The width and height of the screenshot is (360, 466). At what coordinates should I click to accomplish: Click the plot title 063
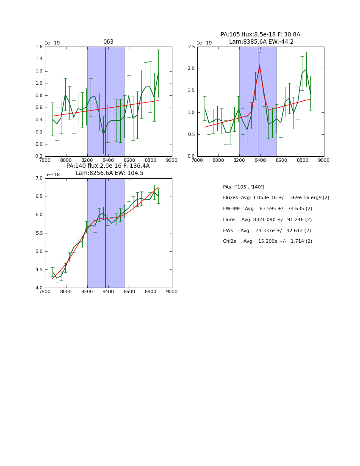point(108,42)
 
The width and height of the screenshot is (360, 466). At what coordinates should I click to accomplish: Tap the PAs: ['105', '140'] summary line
point(243,187)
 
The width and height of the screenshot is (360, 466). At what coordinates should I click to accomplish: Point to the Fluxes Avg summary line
point(276,198)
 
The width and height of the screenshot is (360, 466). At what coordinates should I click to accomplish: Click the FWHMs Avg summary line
point(267,209)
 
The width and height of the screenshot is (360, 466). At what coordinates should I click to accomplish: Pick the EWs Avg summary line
point(267,230)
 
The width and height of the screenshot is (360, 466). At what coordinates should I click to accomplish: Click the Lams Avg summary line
point(267,220)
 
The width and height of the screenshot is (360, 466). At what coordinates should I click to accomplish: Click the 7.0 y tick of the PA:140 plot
point(39,178)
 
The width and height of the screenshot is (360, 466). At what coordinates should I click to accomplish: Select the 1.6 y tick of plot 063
point(39,47)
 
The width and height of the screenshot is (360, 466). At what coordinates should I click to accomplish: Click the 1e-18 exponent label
point(53,175)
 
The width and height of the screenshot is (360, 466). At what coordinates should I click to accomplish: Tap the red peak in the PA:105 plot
point(260,66)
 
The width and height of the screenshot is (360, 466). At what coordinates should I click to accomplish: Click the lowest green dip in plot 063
point(103,135)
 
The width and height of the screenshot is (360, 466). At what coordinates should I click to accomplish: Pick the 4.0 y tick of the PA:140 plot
point(39,288)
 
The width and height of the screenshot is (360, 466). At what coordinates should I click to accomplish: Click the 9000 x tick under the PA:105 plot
point(324,161)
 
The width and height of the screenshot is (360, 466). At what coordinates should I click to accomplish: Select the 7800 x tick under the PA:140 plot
point(45,292)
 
